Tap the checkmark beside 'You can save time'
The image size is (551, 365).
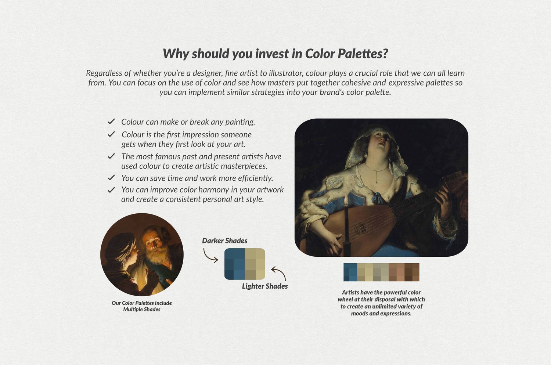tap(111, 178)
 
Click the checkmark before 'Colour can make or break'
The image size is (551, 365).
tap(111, 122)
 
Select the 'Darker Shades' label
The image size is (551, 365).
tap(224, 241)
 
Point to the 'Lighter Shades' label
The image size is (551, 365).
tap(265, 286)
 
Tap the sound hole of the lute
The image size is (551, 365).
tap(360, 228)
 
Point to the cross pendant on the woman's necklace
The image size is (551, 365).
tap(377, 181)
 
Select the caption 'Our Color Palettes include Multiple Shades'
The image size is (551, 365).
tap(142, 306)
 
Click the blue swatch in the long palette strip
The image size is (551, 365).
tap(350, 272)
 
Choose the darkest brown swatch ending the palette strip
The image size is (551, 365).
tap(412, 272)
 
